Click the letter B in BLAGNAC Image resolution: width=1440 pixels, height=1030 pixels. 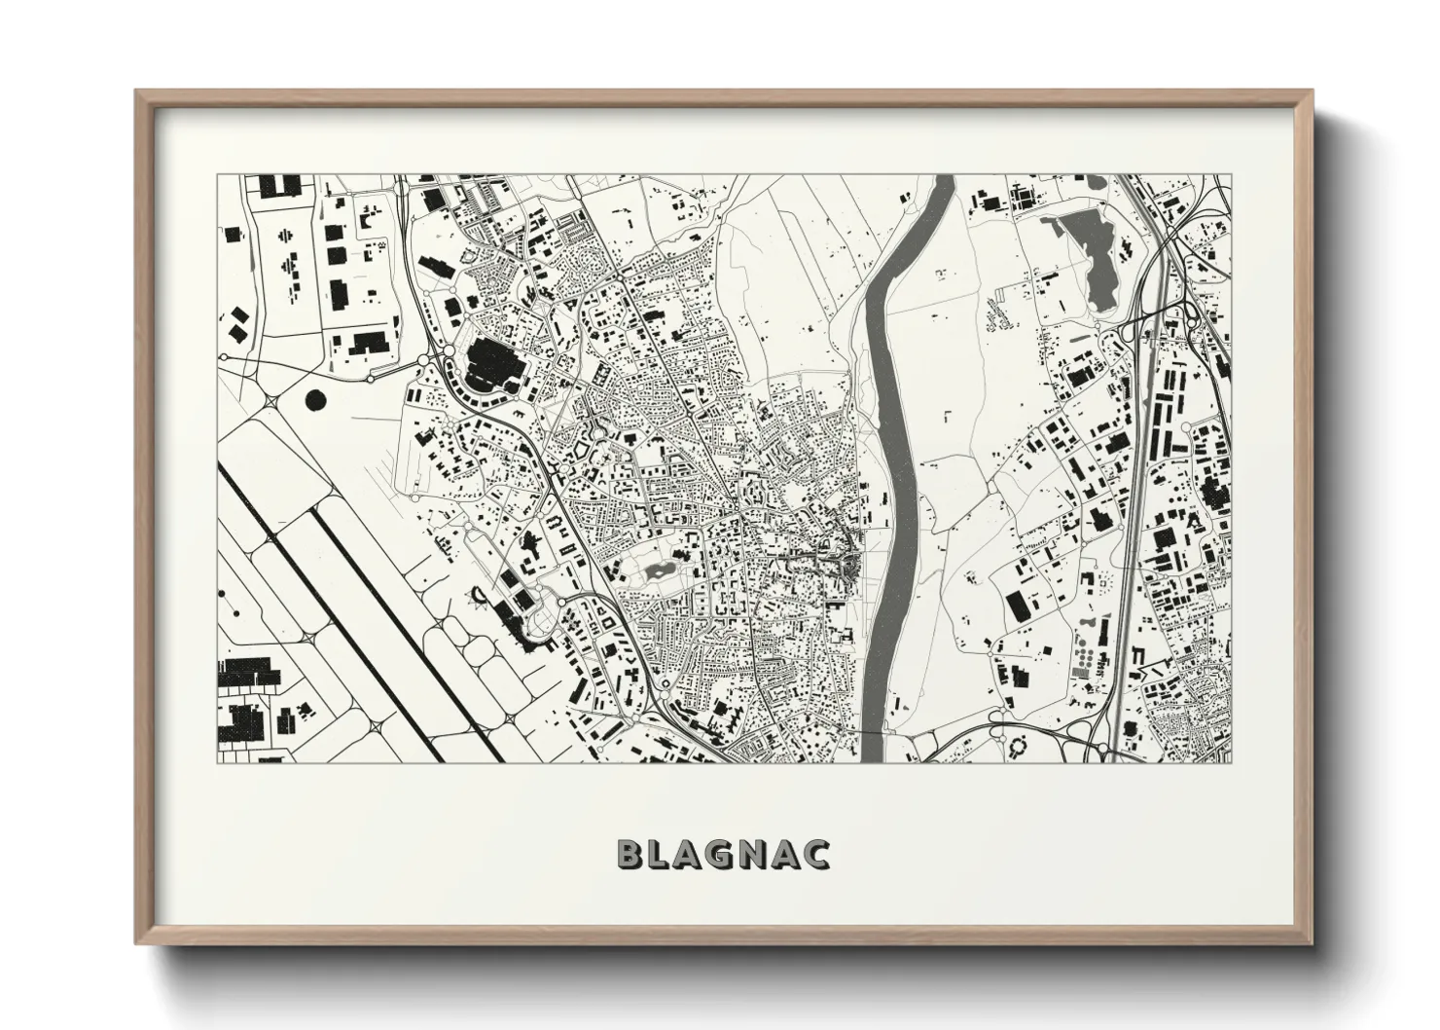click(630, 854)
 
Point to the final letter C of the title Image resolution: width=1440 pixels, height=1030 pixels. click(815, 854)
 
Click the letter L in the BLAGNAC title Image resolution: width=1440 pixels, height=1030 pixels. click(661, 854)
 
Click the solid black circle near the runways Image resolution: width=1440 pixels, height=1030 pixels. click(316, 398)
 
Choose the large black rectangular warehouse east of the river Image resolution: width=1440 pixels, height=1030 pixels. click(1016, 605)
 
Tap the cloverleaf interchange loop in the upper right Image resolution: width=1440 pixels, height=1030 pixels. click(1187, 316)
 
